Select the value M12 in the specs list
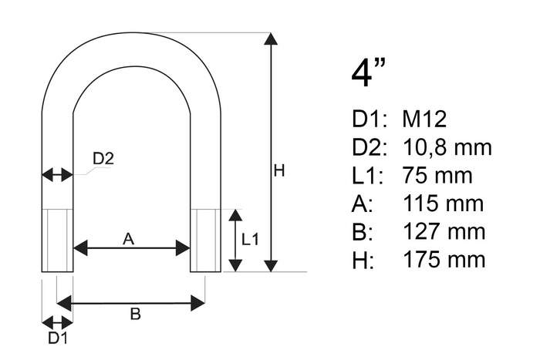coord(424,119)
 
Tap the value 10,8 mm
coord(447,147)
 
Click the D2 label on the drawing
coord(103,159)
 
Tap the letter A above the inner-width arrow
coord(129,240)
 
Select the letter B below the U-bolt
coord(134,314)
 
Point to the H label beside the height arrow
coord(279,170)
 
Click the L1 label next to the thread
coord(250,240)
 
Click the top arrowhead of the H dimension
coord(270,39)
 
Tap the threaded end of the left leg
coord(57,240)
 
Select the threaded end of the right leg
coord(205,240)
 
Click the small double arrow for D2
coord(57,175)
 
